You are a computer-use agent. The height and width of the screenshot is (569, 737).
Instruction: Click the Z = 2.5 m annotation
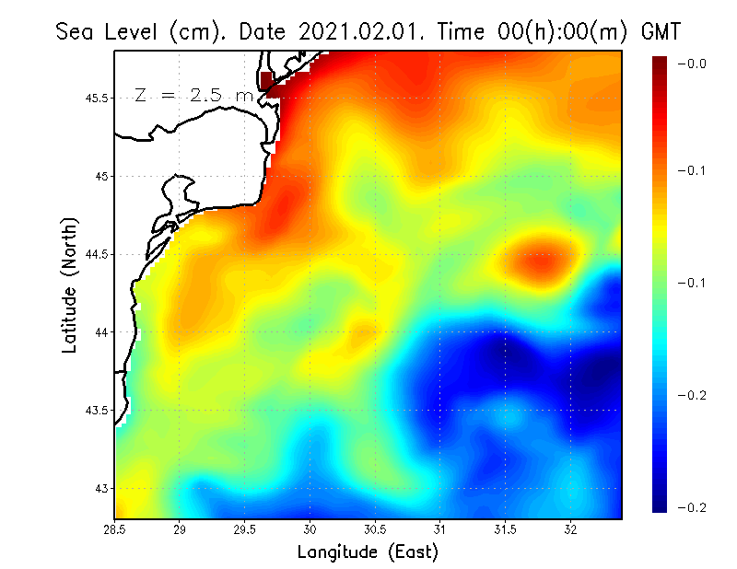point(193,95)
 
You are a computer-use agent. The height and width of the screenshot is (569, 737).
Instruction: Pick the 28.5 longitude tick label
point(115,528)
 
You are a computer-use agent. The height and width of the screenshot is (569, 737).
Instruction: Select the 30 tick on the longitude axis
point(310,528)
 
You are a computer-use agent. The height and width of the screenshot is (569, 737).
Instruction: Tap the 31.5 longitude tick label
point(506,528)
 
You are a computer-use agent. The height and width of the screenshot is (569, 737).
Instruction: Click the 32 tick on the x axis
point(571,528)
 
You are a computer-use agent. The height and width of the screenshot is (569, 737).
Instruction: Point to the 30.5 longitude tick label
point(375,528)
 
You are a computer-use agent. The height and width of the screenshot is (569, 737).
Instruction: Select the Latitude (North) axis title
point(70,284)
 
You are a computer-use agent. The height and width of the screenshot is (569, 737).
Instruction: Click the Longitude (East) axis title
point(368,552)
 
